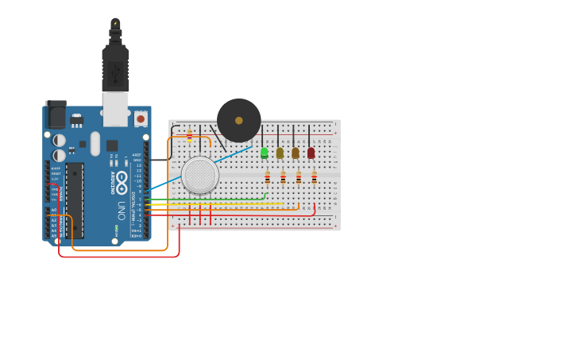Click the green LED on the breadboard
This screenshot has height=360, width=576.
point(264,152)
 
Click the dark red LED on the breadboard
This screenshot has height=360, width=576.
point(311,152)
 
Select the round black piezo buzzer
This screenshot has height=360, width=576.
point(238,120)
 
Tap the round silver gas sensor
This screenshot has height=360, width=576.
point(200,175)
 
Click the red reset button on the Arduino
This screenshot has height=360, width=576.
point(141,118)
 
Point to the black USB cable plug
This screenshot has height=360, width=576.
point(115,68)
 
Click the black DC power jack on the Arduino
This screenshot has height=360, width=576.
point(56,115)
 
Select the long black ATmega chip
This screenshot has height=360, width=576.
point(74,199)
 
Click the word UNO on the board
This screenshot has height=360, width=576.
point(122,209)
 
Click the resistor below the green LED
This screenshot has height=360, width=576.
point(267,178)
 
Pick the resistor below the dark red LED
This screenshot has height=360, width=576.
point(314,178)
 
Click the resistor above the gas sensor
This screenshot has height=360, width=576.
point(189,136)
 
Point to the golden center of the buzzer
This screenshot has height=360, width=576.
point(238,120)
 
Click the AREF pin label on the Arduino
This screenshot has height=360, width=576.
point(137,154)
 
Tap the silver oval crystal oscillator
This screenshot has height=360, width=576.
point(95,143)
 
